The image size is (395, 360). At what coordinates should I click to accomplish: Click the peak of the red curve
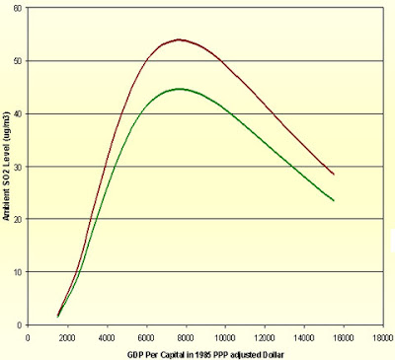(x=179, y=39)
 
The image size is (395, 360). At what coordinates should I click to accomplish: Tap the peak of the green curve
(x=180, y=89)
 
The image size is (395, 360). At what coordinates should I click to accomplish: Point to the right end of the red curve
(x=334, y=175)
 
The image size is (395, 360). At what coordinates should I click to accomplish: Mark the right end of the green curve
(x=334, y=200)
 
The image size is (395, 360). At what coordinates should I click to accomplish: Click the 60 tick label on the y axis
(x=18, y=8)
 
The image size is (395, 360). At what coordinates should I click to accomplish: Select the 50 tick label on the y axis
(x=18, y=61)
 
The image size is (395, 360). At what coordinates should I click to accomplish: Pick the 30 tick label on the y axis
(x=18, y=167)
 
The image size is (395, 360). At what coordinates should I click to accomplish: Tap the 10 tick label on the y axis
(x=18, y=272)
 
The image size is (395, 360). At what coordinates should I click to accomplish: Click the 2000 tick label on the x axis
(x=67, y=338)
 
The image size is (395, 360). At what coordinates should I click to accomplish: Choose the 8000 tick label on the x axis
(x=186, y=338)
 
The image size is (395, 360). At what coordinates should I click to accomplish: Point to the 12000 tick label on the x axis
(x=265, y=338)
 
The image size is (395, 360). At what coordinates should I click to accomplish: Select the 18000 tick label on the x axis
(x=383, y=338)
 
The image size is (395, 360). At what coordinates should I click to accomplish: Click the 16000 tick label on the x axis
(x=344, y=338)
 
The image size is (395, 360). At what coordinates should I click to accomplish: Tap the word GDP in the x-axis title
(x=133, y=355)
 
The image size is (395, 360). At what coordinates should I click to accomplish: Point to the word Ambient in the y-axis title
(x=6, y=206)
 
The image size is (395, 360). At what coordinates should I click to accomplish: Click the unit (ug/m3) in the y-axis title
(x=6, y=126)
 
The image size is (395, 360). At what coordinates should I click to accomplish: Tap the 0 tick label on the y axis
(x=19, y=325)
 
